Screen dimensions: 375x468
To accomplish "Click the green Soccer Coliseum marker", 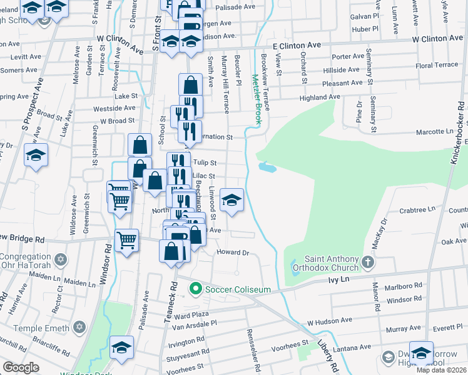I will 195,289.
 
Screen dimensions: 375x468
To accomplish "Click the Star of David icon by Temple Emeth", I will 79,327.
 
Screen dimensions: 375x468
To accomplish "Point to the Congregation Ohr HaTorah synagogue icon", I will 61,259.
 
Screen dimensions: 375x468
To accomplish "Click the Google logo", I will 21,367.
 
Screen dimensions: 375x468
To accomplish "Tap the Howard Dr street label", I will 233,252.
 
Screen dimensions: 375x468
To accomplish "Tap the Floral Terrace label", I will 437,65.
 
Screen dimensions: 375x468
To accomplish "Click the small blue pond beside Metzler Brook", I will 266,167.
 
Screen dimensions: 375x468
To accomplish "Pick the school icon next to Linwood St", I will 231,201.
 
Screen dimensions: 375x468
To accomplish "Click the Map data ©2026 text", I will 442,370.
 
